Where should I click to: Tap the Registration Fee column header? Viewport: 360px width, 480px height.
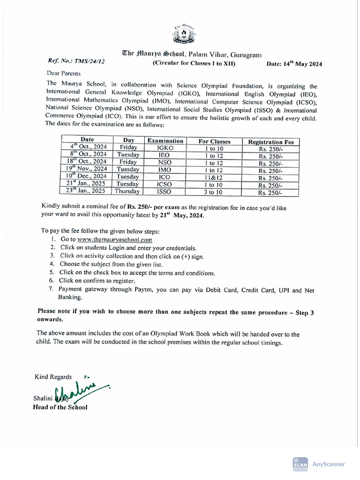[271, 142]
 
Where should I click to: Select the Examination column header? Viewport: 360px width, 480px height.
[165, 141]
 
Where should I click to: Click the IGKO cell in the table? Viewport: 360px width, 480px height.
[165, 148]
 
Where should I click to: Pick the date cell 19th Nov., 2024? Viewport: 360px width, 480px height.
[87, 169]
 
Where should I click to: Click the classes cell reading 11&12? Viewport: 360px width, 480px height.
[214, 177]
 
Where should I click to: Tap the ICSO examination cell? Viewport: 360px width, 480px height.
[165, 184]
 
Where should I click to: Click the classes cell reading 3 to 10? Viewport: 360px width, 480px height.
[214, 191]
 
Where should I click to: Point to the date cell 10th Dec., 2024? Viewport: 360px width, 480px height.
[87, 177]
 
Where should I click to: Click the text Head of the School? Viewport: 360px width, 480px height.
[60, 407]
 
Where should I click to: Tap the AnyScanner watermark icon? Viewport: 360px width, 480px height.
[300, 464]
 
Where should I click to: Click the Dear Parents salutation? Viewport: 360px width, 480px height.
[64, 74]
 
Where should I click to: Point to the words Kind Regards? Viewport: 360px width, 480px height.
[53, 377]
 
